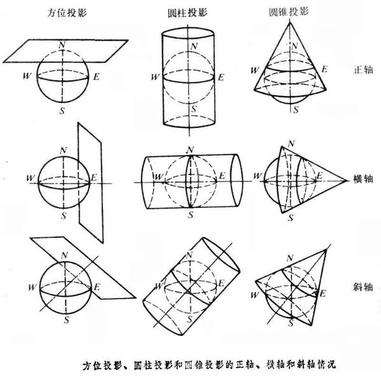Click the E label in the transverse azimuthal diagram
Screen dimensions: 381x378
pyautogui.click(x=93, y=176)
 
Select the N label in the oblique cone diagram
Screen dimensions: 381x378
pyautogui.click(x=291, y=256)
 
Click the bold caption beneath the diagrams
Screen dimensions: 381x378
pyautogui.click(x=213, y=366)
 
